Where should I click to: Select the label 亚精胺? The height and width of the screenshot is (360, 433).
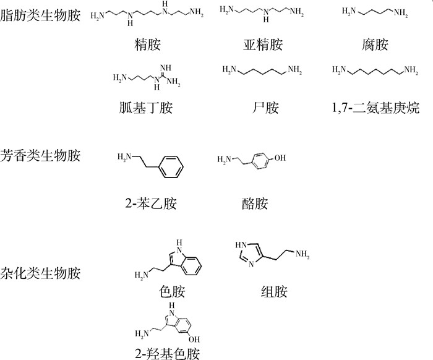(262, 45)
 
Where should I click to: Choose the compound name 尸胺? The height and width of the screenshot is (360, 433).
(262, 108)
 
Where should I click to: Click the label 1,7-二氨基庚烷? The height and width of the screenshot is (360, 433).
(375, 108)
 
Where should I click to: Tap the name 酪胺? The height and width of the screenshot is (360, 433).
(255, 203)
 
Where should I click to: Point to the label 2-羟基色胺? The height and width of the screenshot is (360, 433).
(171, 353)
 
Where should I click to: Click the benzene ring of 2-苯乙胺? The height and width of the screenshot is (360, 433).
(176, 166)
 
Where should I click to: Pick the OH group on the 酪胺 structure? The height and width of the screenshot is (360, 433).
(280, 158)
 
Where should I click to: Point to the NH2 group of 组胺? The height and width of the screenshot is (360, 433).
(301, 252)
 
